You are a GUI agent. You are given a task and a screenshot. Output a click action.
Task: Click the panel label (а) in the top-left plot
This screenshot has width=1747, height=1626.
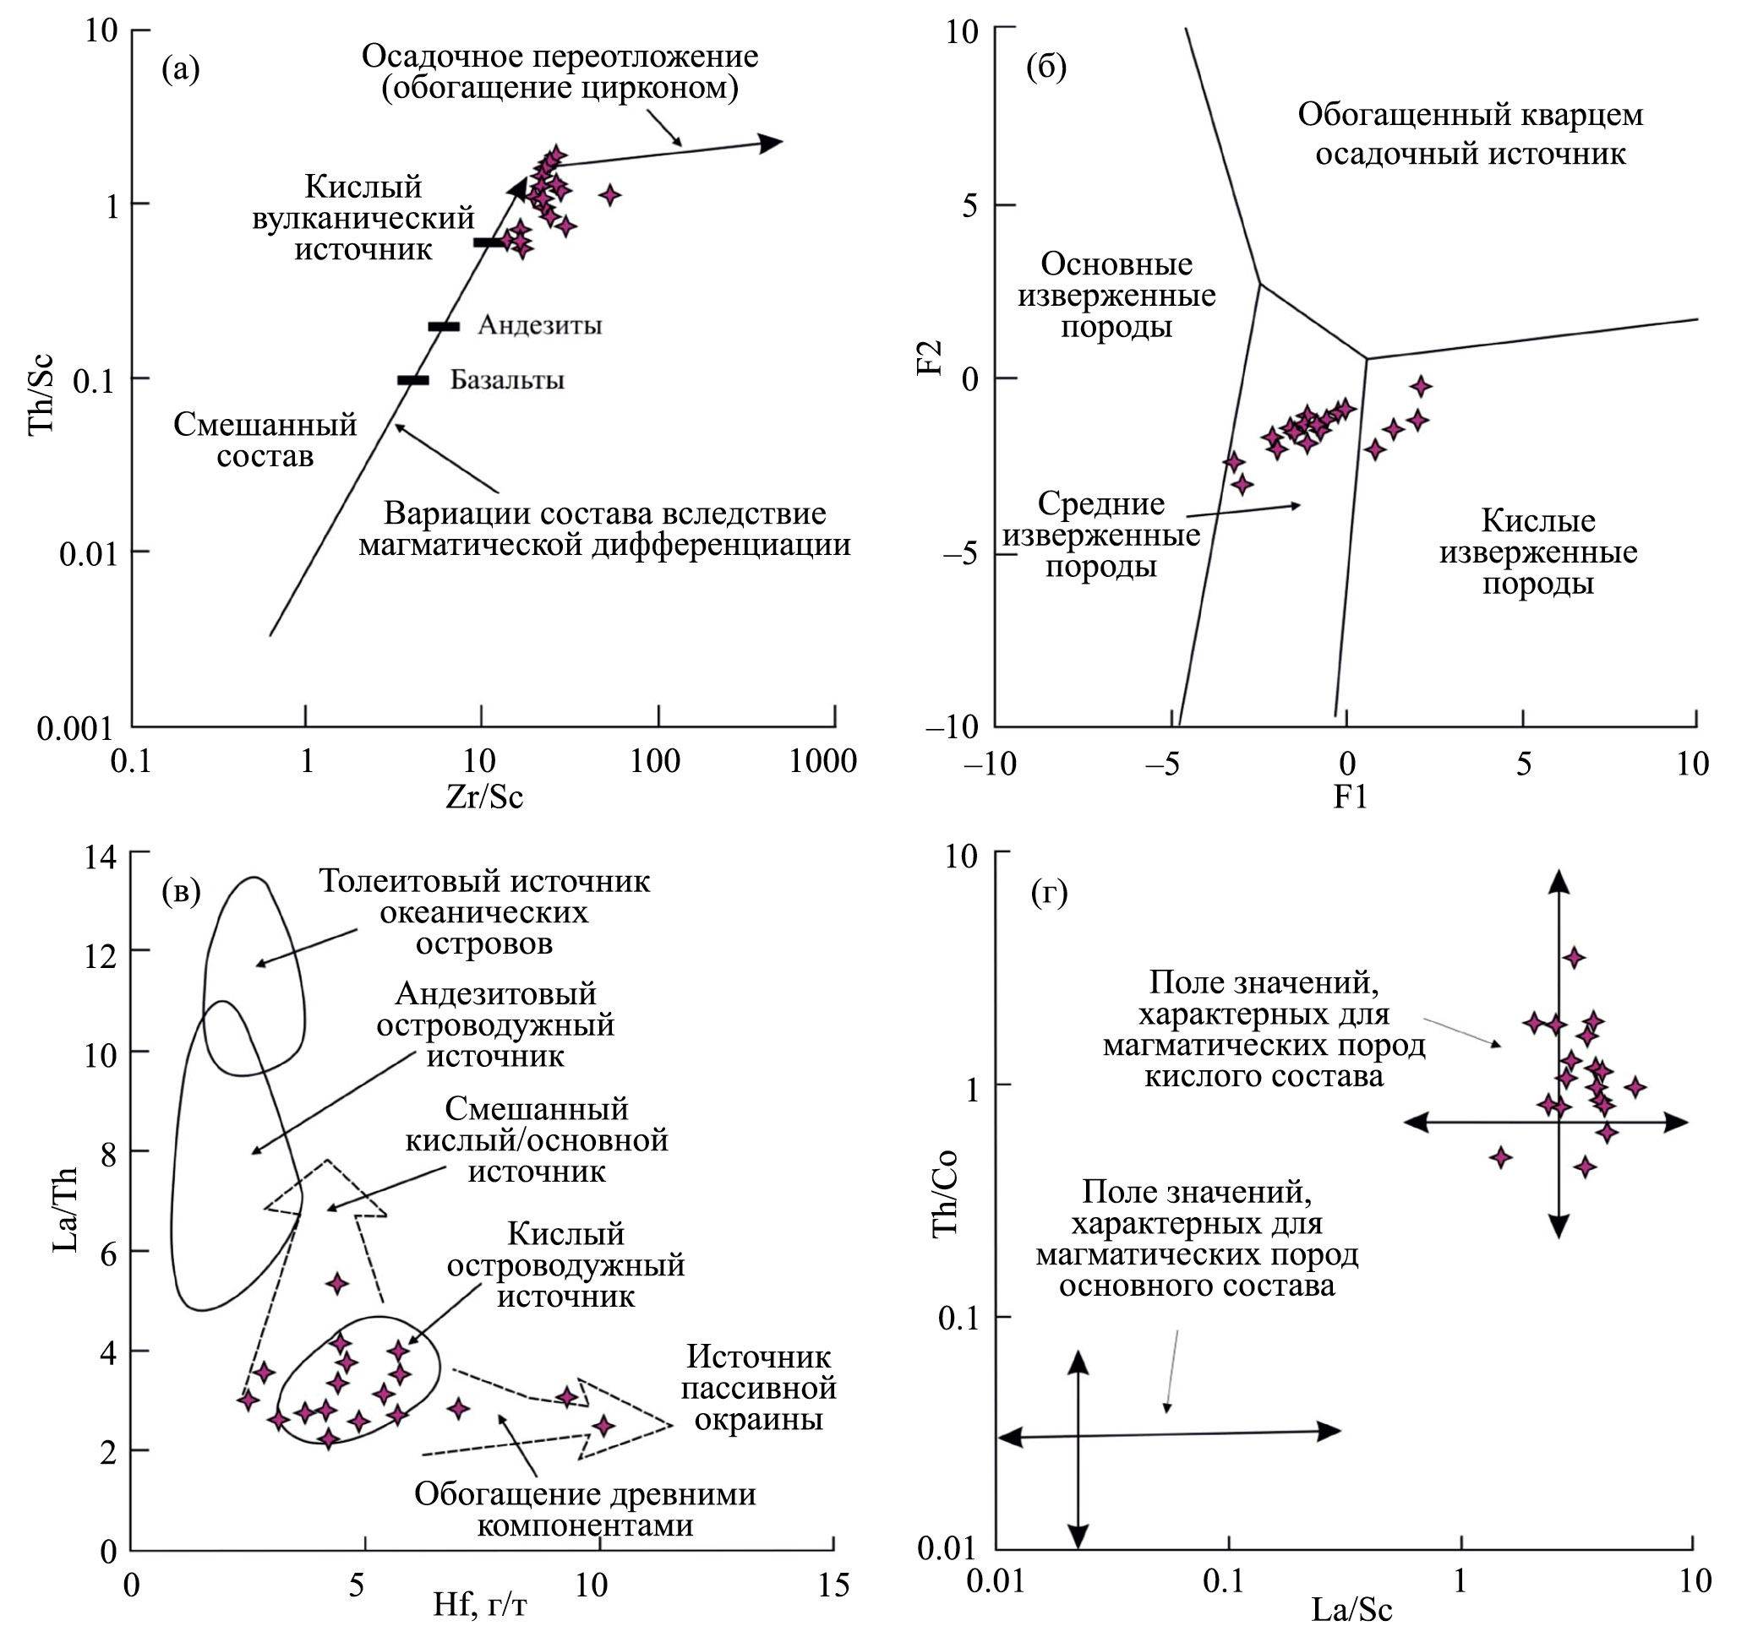[180, 69]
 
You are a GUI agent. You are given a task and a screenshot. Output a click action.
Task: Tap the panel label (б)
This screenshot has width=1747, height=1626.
[1045, 68]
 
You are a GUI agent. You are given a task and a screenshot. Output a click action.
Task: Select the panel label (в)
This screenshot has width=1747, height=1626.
[181, 892]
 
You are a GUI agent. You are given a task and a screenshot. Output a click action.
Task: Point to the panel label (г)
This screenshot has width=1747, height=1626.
[1048, 894]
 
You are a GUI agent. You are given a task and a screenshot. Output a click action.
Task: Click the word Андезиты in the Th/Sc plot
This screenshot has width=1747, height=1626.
[539, 326]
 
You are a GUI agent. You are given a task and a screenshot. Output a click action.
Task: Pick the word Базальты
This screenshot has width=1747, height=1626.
[507, 380]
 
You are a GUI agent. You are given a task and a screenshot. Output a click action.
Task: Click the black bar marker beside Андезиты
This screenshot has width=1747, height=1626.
[444, 327]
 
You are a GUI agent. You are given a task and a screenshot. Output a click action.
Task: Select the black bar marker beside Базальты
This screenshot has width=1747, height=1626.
[413, 380]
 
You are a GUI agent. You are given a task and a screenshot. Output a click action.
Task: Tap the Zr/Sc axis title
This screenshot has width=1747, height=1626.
[483, 797]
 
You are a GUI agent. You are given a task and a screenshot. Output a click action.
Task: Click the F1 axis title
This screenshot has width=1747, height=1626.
[1350, 797]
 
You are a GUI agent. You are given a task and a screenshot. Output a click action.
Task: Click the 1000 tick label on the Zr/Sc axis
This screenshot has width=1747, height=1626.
[822, 762]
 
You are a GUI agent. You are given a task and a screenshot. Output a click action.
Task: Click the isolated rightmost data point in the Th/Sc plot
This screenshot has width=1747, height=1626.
[610, 195]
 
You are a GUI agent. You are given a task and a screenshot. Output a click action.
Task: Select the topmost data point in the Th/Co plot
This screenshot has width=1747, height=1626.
[1574, 958]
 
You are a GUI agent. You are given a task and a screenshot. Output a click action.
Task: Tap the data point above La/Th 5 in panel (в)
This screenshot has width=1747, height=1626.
[337, 1283]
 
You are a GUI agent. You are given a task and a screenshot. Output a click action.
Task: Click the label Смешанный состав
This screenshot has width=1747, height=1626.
[265, 440]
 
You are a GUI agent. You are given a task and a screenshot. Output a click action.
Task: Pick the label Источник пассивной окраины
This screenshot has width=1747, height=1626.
[758, 1389]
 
